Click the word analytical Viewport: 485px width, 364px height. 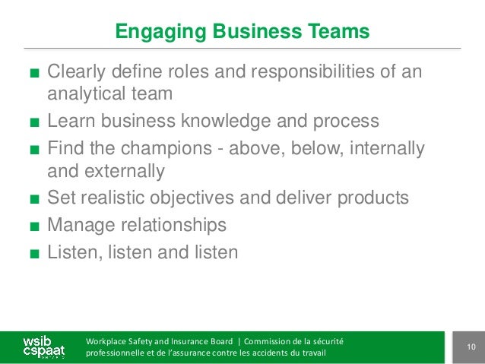click(84, 94)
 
